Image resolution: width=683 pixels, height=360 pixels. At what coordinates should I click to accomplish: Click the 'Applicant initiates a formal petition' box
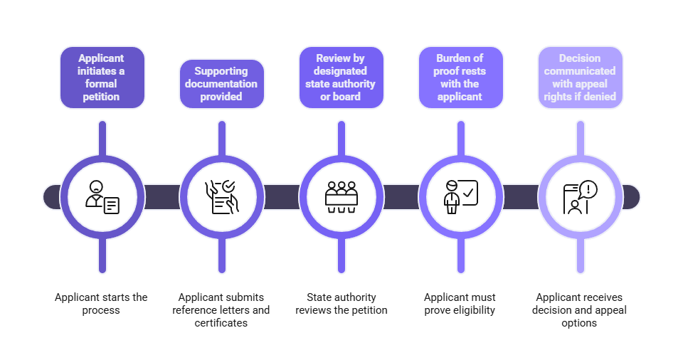[x=102, y=78]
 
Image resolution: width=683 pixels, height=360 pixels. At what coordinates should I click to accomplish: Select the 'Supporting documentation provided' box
[x=221, y=84]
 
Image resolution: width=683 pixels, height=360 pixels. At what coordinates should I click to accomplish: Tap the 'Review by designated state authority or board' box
[x=341, y=78]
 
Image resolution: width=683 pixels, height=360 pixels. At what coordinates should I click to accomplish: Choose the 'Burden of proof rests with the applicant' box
[x=460, y=78]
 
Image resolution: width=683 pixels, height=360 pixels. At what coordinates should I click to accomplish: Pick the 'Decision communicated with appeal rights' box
[x=580, y=78]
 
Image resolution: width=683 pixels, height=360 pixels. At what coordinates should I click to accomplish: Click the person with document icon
[x=102, y=197]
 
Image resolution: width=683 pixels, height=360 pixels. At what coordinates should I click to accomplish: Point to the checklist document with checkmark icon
[x=222, y=197]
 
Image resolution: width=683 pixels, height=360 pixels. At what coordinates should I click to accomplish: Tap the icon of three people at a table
[x=341, y=197]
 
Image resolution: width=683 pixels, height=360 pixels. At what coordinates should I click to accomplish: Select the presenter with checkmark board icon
[x=461, y=197]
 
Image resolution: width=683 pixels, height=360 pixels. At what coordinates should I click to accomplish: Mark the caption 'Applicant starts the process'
[x=102, y=304]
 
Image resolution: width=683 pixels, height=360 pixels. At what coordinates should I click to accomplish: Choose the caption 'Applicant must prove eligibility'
[x=460, y=304]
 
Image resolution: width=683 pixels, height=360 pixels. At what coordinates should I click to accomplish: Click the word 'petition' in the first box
[x=102, y=97]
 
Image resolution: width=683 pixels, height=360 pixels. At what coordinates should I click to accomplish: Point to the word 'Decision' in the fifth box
[x=580, y=58]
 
